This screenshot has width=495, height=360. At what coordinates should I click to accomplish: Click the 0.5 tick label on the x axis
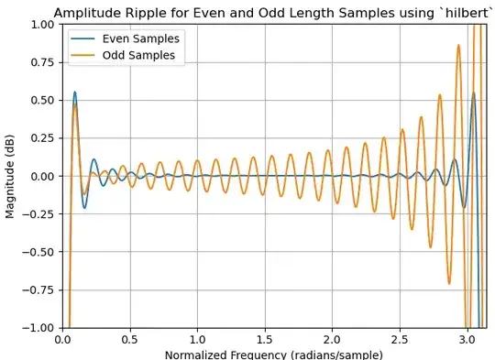[x=130, y=339]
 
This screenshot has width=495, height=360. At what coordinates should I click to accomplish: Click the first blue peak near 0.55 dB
[x=75, y=92]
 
